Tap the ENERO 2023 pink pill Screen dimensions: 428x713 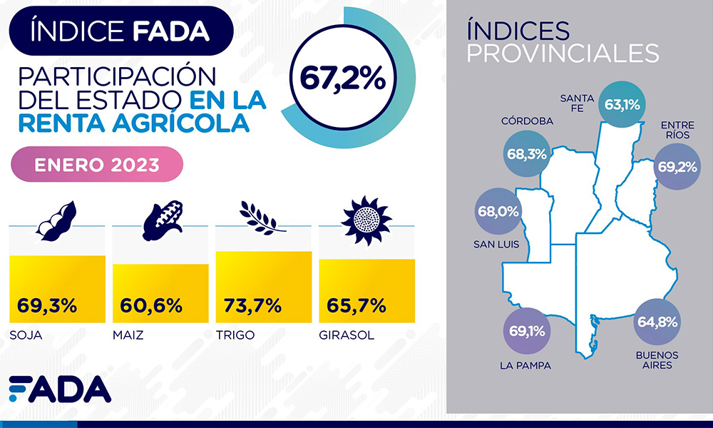pos(97,165)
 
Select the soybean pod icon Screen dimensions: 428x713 pos(56,220)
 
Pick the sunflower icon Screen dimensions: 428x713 pos(366,218)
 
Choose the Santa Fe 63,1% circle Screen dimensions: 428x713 pos(622,104)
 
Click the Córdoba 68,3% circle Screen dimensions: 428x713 pos(527,153)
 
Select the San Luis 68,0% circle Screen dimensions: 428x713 pos(498,213)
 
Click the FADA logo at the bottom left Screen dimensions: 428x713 pos(60,389)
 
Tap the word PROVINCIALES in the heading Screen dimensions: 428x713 pos(562,53)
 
